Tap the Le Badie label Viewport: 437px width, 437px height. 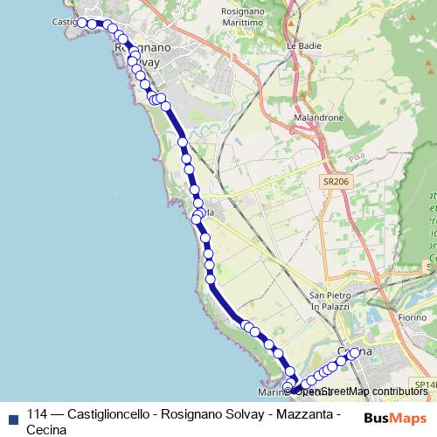tap(300, 43)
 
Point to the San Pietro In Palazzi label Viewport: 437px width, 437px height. tap(329, 300)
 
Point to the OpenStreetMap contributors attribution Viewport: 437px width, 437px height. tap(361, 391)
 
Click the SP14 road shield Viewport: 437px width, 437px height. tap(426, 385)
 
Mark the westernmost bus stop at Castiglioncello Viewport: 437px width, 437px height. tap(81, 23)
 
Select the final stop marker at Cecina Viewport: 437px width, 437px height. tap(355, 353)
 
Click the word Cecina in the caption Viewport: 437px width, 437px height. tap(46, 429)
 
